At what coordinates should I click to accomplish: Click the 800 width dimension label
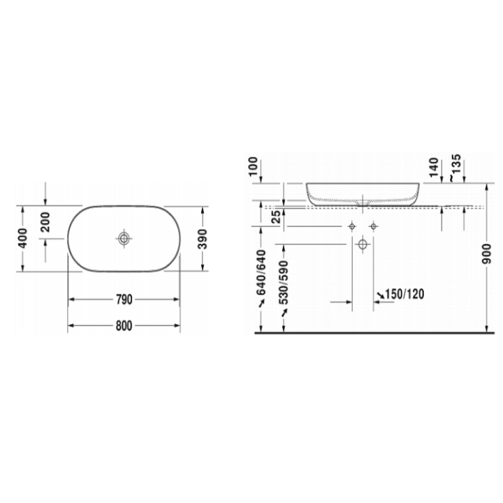click(x=124, y=326)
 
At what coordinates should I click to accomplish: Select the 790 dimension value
click(x=124, y=300)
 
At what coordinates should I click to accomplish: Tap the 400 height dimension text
click(x=24, y=240)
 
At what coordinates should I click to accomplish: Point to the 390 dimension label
click(x=203, y=240)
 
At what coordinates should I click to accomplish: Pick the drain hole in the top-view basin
click(x=124, y=239)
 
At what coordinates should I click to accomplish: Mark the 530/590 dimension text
click(x=284, y=287)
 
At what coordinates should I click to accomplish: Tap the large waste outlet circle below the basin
click(x=363, y=244)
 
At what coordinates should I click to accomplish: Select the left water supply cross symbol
click(x=353, y=226)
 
